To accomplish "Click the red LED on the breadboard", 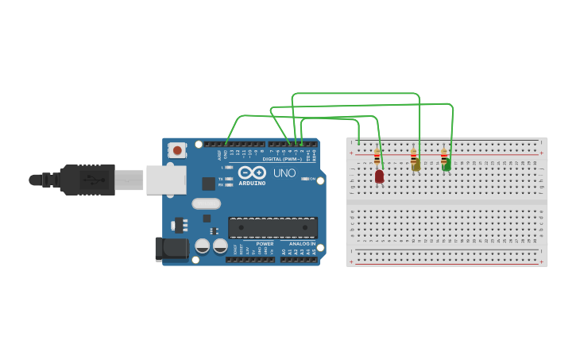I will pos(379,176).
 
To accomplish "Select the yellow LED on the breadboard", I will pos(416,165).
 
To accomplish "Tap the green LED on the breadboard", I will pos(446,165).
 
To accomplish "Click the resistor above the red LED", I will pos(377,157).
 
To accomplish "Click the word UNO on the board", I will pos(284,172).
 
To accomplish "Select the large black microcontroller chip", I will pos(273,227).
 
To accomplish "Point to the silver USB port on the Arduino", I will pos(164,180).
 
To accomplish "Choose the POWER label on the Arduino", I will pos(265,244).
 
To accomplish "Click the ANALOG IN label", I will pos(302,244).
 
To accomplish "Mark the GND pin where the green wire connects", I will pos(226,145).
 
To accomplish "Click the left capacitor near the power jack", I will pos(203,246).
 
